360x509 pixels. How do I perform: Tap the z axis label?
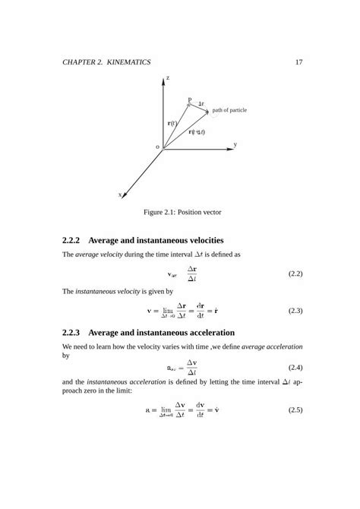(x=167, y=78)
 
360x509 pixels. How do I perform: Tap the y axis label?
(x=235, y=144)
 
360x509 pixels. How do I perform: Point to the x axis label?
(x=119, y=194)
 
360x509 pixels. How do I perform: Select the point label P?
(x=189, y=100)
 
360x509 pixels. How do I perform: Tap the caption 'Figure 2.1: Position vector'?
(x=179, y=213)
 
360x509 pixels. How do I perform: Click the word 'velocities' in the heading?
(x=199, y=241)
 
